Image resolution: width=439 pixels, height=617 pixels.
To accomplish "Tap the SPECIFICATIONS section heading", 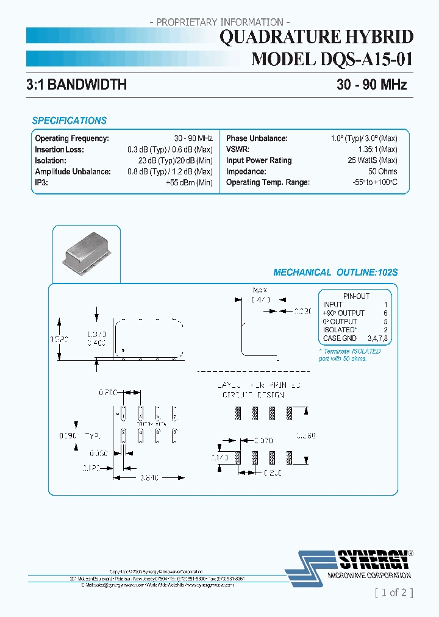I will [x=69, y=121].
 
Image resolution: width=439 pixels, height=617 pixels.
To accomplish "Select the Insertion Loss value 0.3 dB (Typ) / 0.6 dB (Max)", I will [x=170, y=149].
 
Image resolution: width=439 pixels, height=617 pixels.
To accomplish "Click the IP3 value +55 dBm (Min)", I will [x=189, y=182].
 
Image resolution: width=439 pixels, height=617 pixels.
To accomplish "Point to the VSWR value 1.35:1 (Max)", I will [x=377, y=149].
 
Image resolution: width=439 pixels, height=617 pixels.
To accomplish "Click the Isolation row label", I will [x=51, y=160].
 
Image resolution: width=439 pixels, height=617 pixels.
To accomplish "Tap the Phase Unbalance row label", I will [x=257, y=138].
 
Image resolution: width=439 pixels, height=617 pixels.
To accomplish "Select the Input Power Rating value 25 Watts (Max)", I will [x=372, y=160].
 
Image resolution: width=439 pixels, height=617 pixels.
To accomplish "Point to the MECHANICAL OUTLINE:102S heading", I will [x=335, y=273].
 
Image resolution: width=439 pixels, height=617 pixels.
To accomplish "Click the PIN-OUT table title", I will [x=356, y=296].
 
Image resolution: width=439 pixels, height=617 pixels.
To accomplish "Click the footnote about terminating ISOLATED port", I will [x=350, y=355].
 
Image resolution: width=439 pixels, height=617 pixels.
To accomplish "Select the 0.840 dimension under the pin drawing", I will [x=149, y=477].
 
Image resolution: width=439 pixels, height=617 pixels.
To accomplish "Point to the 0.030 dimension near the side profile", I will [x=302, y=311].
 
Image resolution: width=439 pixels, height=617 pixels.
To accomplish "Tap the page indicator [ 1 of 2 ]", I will [x=393, y=592].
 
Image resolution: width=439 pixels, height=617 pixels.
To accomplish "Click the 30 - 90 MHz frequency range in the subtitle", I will [x=371, y=85].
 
